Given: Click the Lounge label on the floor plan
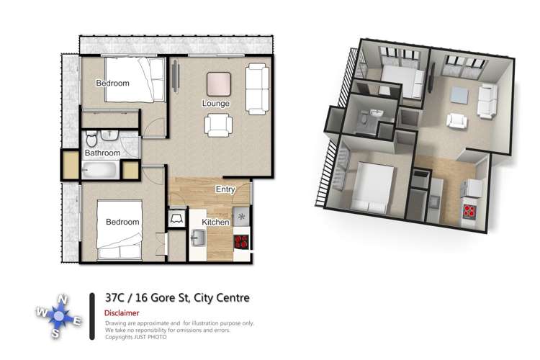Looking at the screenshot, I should click(x=216, y=104).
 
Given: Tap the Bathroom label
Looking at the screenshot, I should click(x=102, y=153).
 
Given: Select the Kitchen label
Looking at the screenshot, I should click(x=215, y=222).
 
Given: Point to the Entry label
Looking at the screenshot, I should click(x=227, y=189).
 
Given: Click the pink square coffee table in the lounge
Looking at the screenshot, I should click(x=219, y=84).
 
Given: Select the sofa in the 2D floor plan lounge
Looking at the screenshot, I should click(x=255, y=89).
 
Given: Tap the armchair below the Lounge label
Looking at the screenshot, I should click(x=218, y=125).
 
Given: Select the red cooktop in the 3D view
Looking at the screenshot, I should click(x=469, y=212).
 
